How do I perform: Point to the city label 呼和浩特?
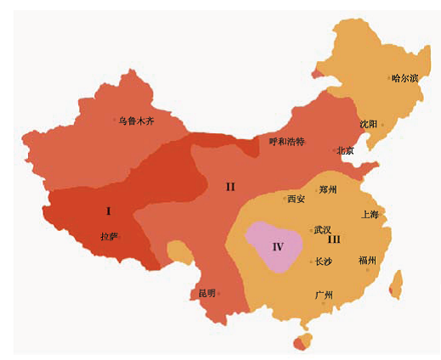point(286,141)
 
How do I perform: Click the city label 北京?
point(346,151)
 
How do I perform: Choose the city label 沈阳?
point(369,124)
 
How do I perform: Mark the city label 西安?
point(296,199)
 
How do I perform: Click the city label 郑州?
point(328,189)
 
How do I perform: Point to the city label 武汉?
point(323,229)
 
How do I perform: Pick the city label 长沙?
point(323,262)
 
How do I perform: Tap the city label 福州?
point(368,260)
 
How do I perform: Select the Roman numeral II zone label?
point(229,187)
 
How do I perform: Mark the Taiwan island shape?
point(395,284)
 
